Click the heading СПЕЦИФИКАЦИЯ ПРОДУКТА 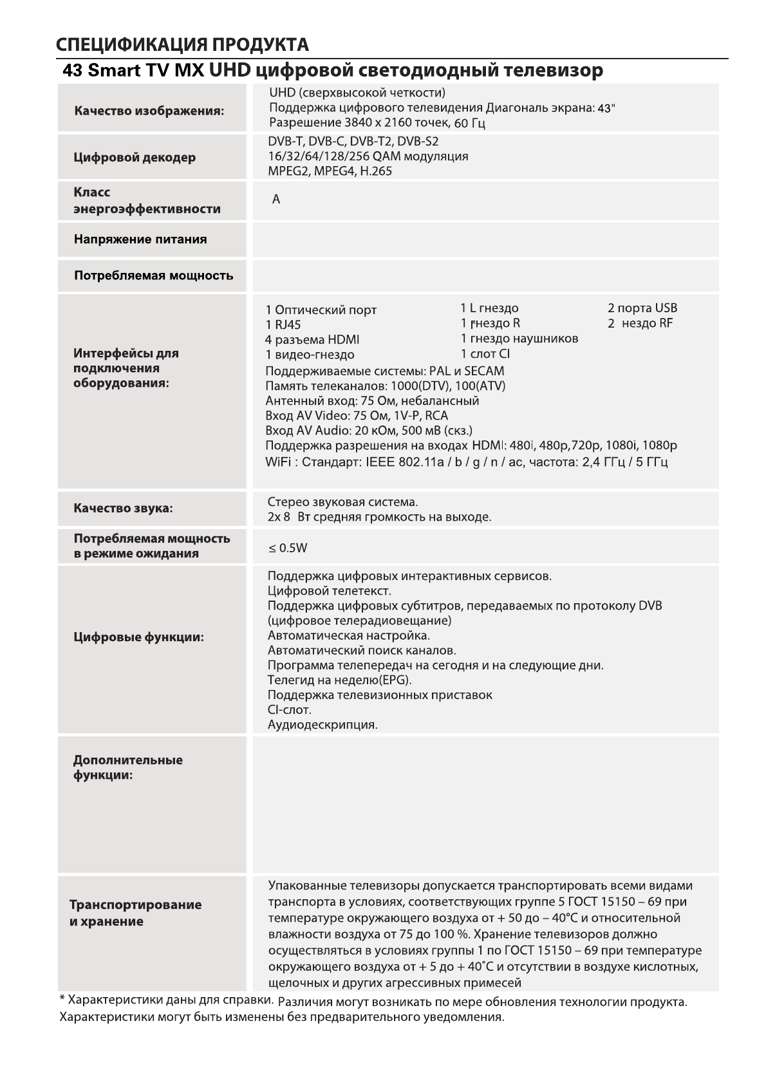point(182,44)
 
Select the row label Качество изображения point(149,111)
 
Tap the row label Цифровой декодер point(135,158)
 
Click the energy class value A point(276,200)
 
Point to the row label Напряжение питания point(140,239)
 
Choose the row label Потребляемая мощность point(153,276)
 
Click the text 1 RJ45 point(283,325)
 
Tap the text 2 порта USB point(642,308)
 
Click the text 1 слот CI point(485,354)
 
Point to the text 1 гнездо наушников point(519,339)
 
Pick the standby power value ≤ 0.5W point(288,548)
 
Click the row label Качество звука point(123,509)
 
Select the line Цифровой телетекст point(329,591)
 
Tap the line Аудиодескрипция point(322,725)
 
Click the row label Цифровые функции point(138,637)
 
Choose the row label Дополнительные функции point(127,767)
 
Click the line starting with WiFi point(466,462)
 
